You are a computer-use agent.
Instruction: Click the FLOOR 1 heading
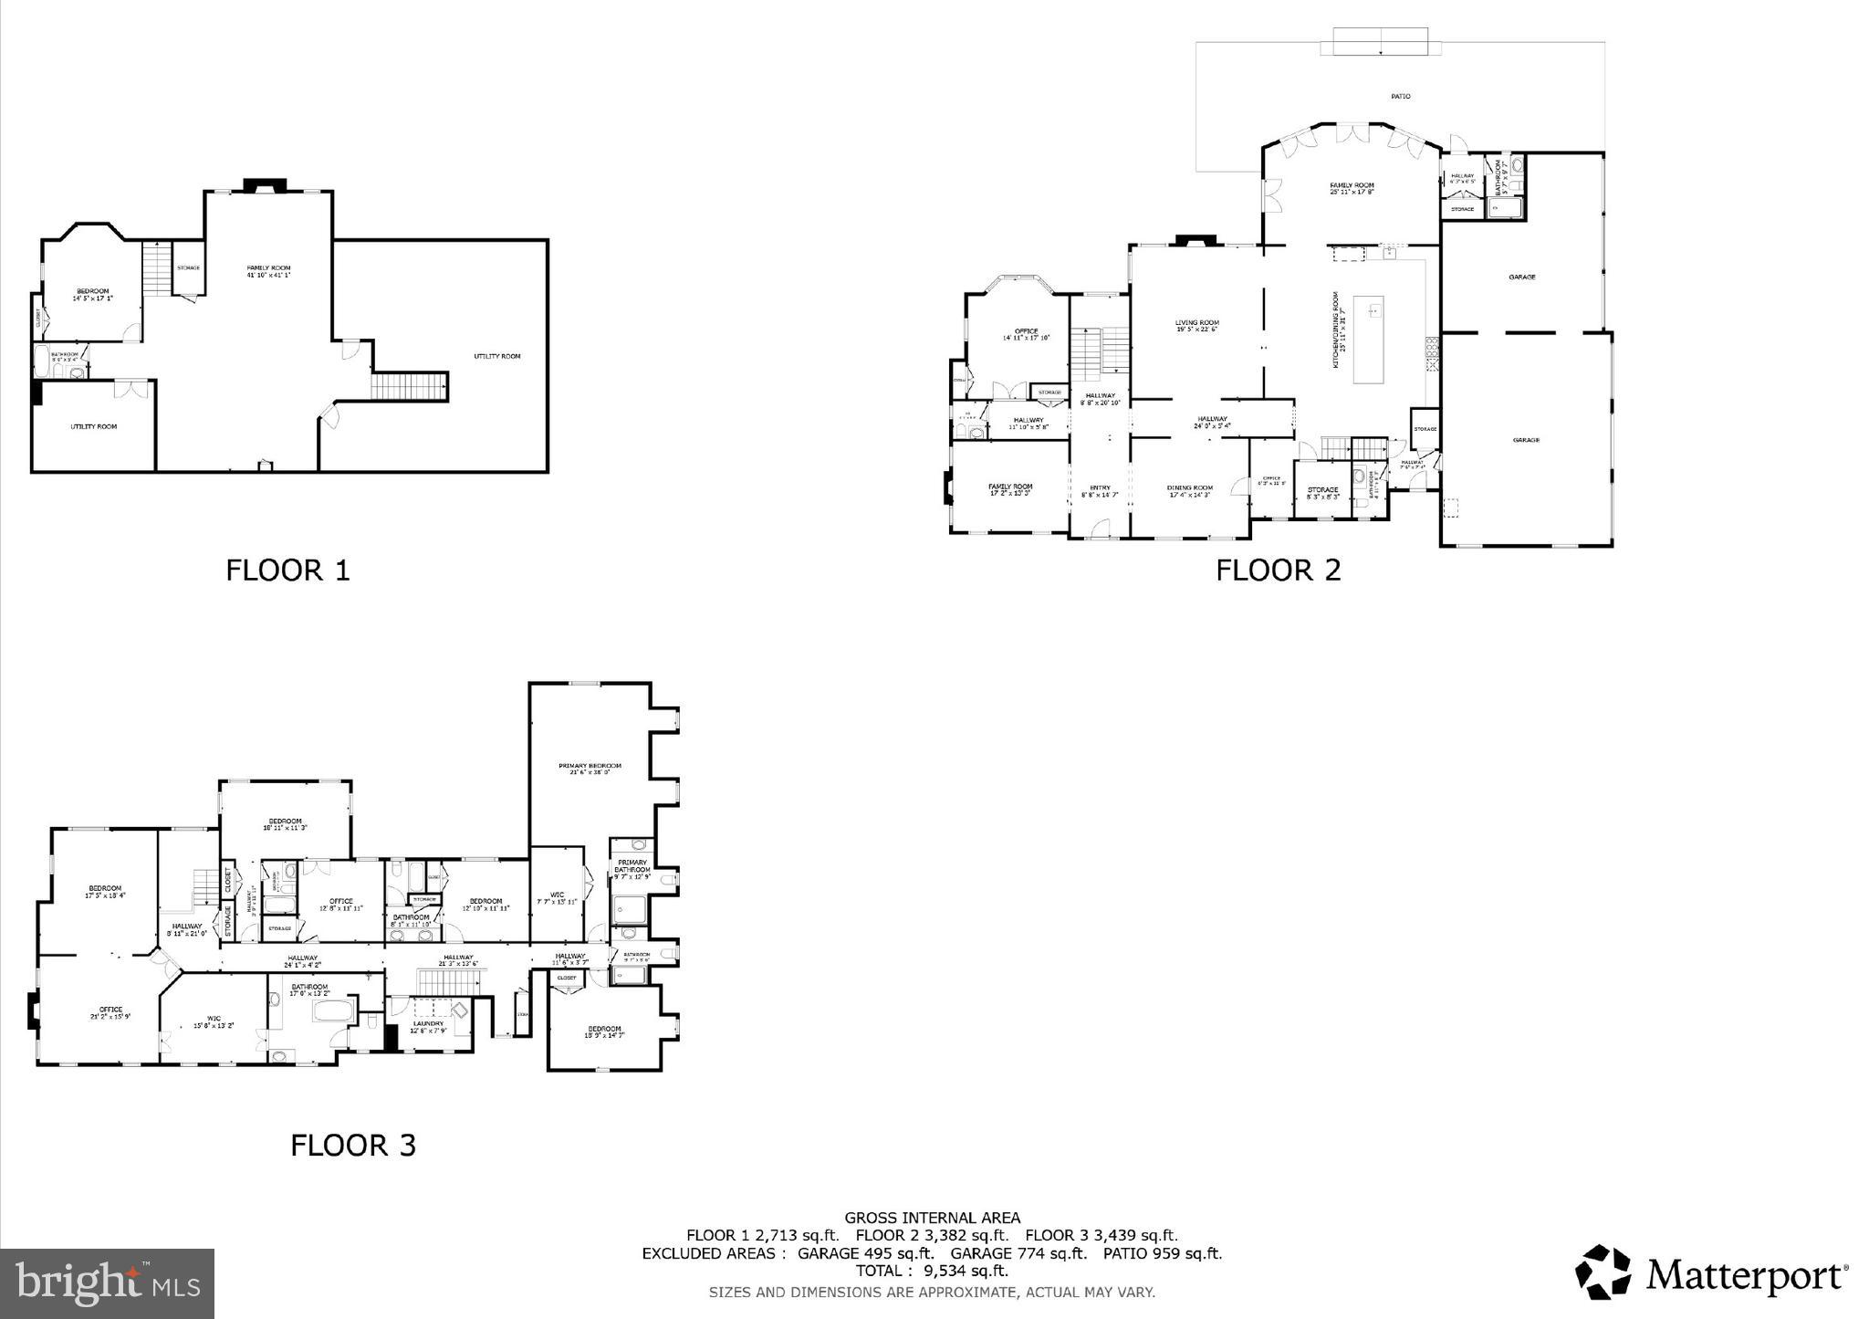pos(287,571)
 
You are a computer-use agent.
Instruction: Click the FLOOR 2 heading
pos(1278,571)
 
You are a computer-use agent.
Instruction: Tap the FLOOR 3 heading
pos(353,1145)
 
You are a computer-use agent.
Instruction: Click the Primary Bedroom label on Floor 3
pos(590,766)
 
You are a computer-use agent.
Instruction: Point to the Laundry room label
pos(428,1023)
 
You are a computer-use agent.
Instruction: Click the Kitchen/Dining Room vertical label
pos(1335,330)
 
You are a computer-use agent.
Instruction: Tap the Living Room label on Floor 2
pos(1196,323)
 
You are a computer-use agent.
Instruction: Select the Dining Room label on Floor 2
pos(1189,487)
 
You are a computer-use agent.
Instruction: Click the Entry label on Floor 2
pos(1100,487)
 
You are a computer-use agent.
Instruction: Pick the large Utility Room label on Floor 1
pos(496,356)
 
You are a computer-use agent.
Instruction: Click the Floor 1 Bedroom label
pos(92,292)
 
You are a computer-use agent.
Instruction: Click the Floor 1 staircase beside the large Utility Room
pos(410,385)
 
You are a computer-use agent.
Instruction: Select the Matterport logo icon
pos(1606,1272)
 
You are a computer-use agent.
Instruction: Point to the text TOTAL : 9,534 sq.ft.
pos(931,1271)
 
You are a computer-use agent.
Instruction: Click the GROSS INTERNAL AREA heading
pos(932,1218)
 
